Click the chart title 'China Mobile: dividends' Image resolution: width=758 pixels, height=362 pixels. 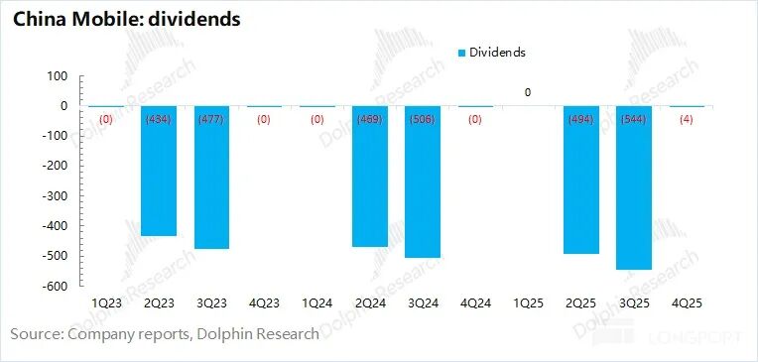click(125, 19)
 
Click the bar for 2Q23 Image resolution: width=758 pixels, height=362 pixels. click(159, 179)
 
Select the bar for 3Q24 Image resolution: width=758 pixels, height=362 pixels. click(423, 188)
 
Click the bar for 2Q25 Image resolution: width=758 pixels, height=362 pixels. click(581, 188)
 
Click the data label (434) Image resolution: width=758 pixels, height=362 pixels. click(159, 120)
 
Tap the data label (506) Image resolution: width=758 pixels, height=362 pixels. click(423, 120)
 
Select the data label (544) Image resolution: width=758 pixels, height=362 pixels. click(634, 120)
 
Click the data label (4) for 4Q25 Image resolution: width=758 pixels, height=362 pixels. click(687, 120)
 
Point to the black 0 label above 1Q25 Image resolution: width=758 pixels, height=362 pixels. click(528, 93)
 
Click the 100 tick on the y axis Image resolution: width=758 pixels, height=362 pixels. click(57, 76)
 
